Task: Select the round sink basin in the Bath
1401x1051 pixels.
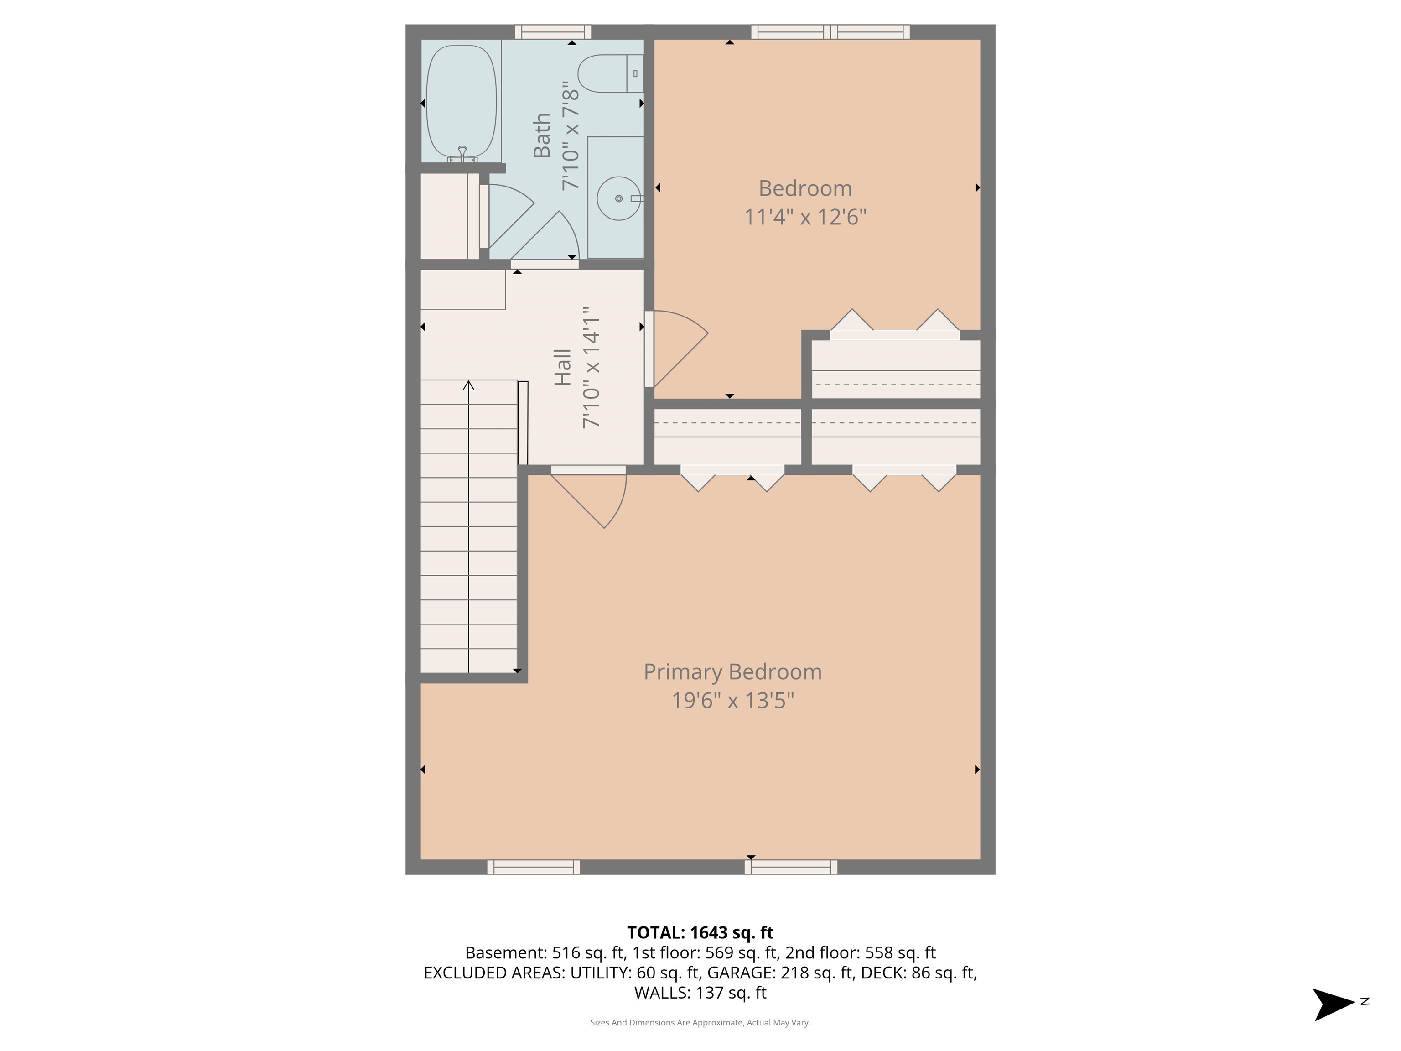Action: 618,198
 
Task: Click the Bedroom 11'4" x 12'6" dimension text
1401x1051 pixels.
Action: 804,217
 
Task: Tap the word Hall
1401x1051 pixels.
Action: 562,367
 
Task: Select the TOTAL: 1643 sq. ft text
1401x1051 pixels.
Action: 700,932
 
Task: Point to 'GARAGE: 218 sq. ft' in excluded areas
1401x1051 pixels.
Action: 780,973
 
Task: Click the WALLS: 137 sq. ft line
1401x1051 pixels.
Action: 700,993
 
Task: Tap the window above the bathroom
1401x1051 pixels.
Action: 552,31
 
